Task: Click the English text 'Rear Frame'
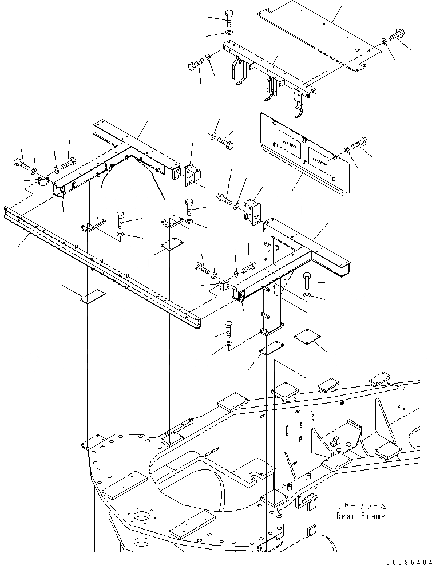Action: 361,516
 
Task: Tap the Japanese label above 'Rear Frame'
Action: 362,507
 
